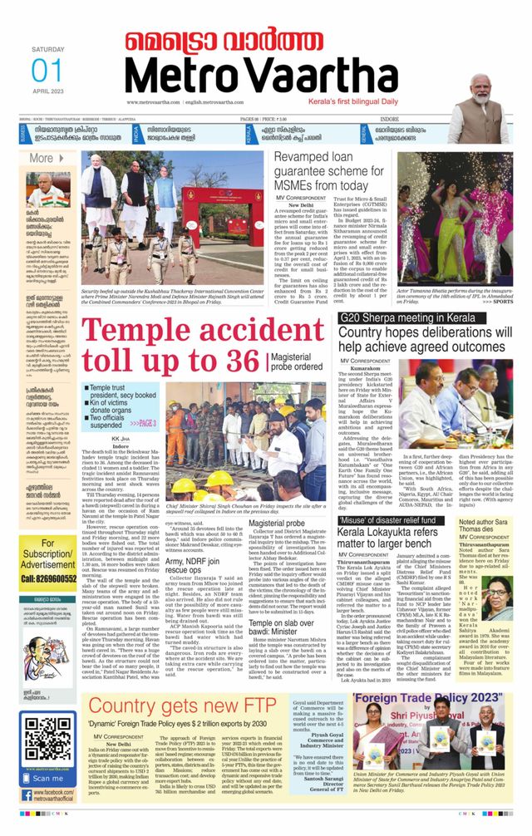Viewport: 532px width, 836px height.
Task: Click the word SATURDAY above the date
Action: pyautogui.click(x=47, y=50)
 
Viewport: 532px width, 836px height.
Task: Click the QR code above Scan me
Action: pyautogui.click(x=47, y=742)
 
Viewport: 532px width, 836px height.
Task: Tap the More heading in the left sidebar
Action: pyautogui.click(x=41, y=158)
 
